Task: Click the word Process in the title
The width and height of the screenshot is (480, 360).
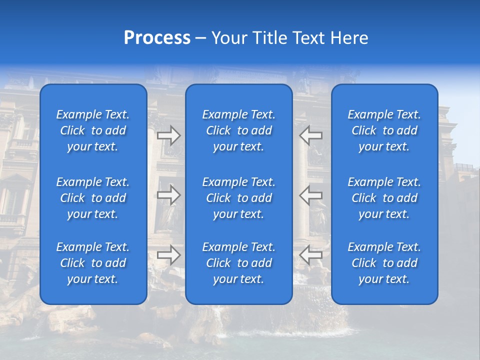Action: click(x=157, y=38)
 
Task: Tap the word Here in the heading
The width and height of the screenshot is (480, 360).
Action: click(x=348, y=38)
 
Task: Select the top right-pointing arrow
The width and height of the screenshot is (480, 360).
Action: click(x=169, y=135)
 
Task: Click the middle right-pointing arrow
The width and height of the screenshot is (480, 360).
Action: click(x=169, y=195)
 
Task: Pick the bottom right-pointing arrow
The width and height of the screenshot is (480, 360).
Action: click(x=169, y=255)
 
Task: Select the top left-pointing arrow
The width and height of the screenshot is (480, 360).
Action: click(x=311, y=135)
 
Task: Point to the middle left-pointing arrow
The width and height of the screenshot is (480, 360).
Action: click(x=311, y=195)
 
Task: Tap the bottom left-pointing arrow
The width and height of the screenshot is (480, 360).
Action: click(x=311, y=255)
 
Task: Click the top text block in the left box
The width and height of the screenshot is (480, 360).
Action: click(x=93, y=130)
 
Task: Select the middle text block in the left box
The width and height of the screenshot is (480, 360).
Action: click(x=93, y=198)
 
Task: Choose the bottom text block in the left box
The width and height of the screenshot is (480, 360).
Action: click(x=93, y=263)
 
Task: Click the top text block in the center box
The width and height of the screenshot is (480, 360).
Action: click(x=239, y=130)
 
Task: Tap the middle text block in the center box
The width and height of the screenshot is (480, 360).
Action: click(x=239, y=198)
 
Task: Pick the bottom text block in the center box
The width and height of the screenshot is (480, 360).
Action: click(x=239, y=263)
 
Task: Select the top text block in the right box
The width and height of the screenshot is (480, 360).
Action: click(x=384, y=130)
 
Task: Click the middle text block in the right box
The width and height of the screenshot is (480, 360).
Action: click(x=384, y=198)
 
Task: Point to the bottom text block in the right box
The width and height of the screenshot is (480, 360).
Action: click(x=384, y=263)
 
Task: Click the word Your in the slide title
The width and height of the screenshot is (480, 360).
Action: click(x=230, y=38)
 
